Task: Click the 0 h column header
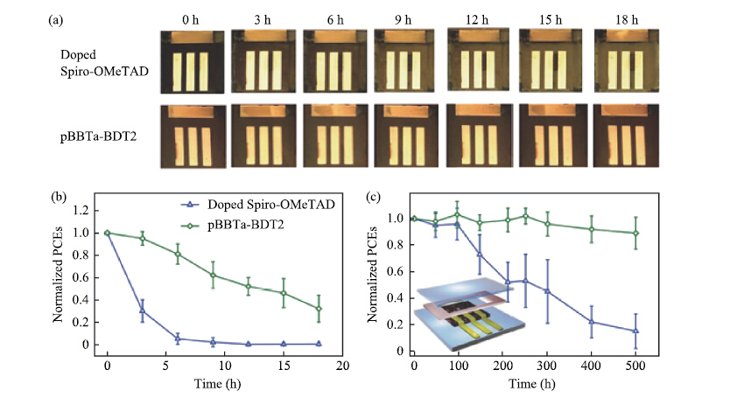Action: [x=193, y=17]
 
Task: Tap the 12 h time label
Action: [x=479, y=17]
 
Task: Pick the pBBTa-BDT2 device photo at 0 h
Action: [x=193, y=136]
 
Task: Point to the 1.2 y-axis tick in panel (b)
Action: [x=84, y=211]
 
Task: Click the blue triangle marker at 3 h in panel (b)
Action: [x=142, y=311]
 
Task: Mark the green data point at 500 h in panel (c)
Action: [x=635, y=233]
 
